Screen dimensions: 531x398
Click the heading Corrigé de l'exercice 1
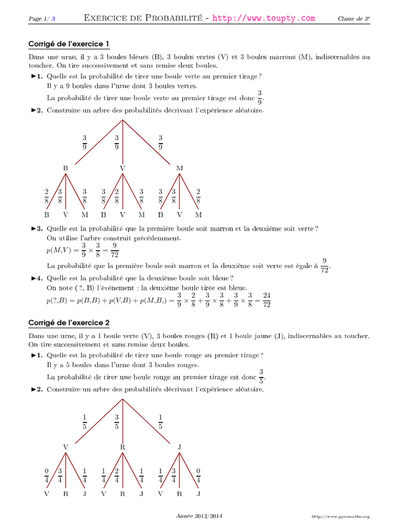point(69,44)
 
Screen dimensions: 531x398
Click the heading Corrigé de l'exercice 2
point(69,323)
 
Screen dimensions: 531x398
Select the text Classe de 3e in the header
point(354,19)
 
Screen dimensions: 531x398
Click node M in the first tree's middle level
point(180,168)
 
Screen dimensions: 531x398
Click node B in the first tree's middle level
point(65,168)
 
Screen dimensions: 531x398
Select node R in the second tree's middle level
point(123,446)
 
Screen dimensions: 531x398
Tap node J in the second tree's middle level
point(180,446)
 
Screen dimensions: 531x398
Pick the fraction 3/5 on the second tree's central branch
point(117,421)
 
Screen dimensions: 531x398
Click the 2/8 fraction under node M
point(198,195)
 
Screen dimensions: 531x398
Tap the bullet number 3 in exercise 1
point(37,228)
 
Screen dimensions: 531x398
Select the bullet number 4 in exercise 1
point(37,278)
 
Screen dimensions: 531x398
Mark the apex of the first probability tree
point(123,120)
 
